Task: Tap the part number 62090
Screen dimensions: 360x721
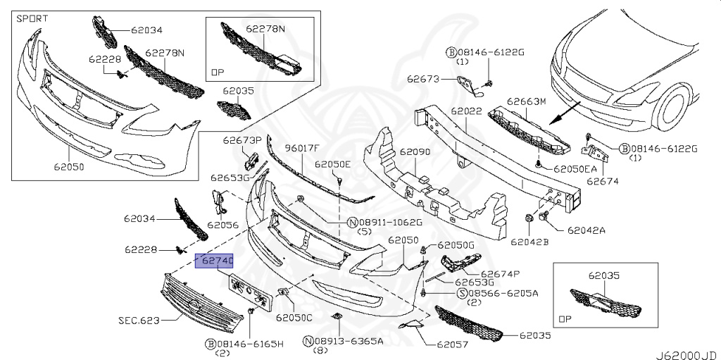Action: point(415,151)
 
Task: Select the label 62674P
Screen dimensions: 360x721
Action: point(500,274)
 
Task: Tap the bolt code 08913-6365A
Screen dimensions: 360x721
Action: point(348,341)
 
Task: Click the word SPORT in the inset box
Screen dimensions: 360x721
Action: point(33,17)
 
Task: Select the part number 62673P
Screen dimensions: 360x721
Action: point(242,140)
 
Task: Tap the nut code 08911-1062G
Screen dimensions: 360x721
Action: point(390,223)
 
